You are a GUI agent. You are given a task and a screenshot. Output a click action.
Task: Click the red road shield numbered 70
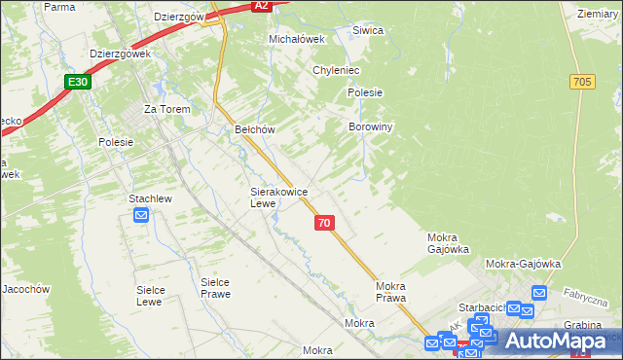coord(324,223)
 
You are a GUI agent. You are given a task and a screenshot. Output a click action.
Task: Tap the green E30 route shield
coord(80,83)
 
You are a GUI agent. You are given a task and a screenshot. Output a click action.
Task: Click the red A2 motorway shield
coord(260,5)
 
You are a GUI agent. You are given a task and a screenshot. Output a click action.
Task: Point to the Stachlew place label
coord(150,198)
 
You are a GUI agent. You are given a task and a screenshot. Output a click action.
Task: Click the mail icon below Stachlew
coord(141,215)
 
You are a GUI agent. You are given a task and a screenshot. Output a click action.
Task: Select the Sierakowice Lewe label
coord(279,198)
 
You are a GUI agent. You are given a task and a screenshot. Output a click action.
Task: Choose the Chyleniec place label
coord(337,71)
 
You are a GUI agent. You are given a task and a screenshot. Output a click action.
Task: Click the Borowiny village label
coord(370,126)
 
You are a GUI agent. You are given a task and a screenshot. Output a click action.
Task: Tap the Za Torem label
coord(165,109)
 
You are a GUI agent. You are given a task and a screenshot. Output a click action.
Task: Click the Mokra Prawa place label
coord(390,292)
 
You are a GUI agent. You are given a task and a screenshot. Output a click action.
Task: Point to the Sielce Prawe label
coord(214,288)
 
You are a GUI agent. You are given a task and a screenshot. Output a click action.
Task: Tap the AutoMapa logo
coord(555,341)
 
